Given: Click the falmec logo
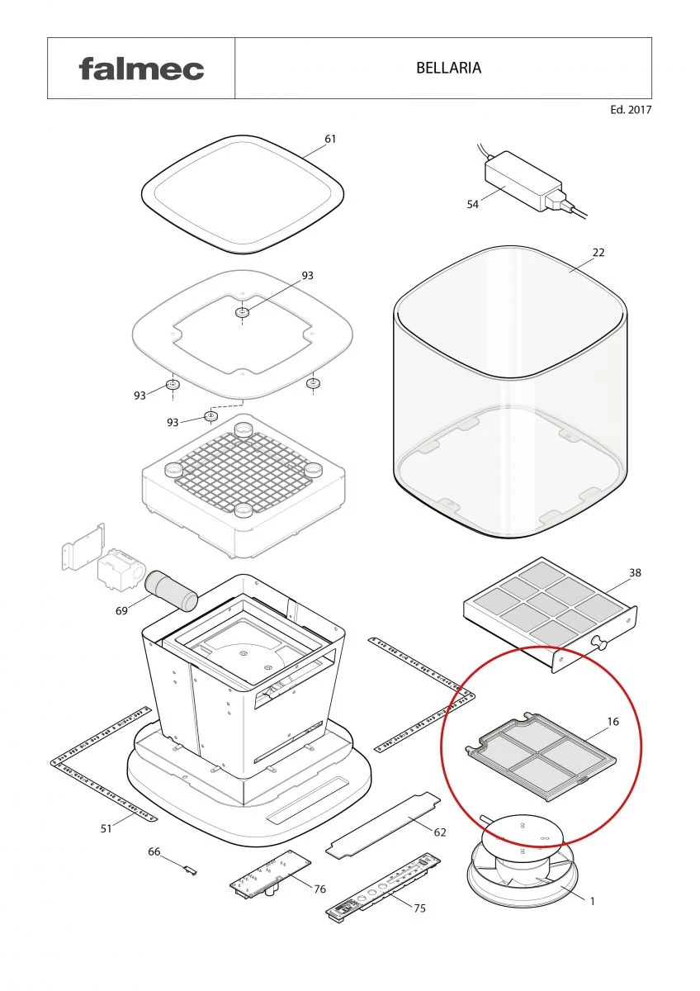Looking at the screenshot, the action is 141,69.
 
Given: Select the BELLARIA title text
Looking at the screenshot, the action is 448,68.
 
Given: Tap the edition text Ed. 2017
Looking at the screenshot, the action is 631,110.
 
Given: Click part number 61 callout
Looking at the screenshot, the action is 330,139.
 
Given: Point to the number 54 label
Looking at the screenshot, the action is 473,205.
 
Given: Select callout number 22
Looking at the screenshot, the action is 598,253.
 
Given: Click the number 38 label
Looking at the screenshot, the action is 635,572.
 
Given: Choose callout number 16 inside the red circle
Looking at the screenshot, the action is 612,722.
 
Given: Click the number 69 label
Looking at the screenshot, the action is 121,611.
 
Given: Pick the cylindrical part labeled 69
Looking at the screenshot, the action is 171,591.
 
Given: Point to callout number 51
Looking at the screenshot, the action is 106,828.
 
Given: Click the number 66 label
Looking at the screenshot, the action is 154,851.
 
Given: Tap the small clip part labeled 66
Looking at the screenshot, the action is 191,870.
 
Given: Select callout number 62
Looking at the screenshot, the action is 440,832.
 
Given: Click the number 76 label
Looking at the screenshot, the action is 319,889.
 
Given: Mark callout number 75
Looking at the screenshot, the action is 419,908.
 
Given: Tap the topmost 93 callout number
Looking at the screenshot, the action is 307,276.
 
